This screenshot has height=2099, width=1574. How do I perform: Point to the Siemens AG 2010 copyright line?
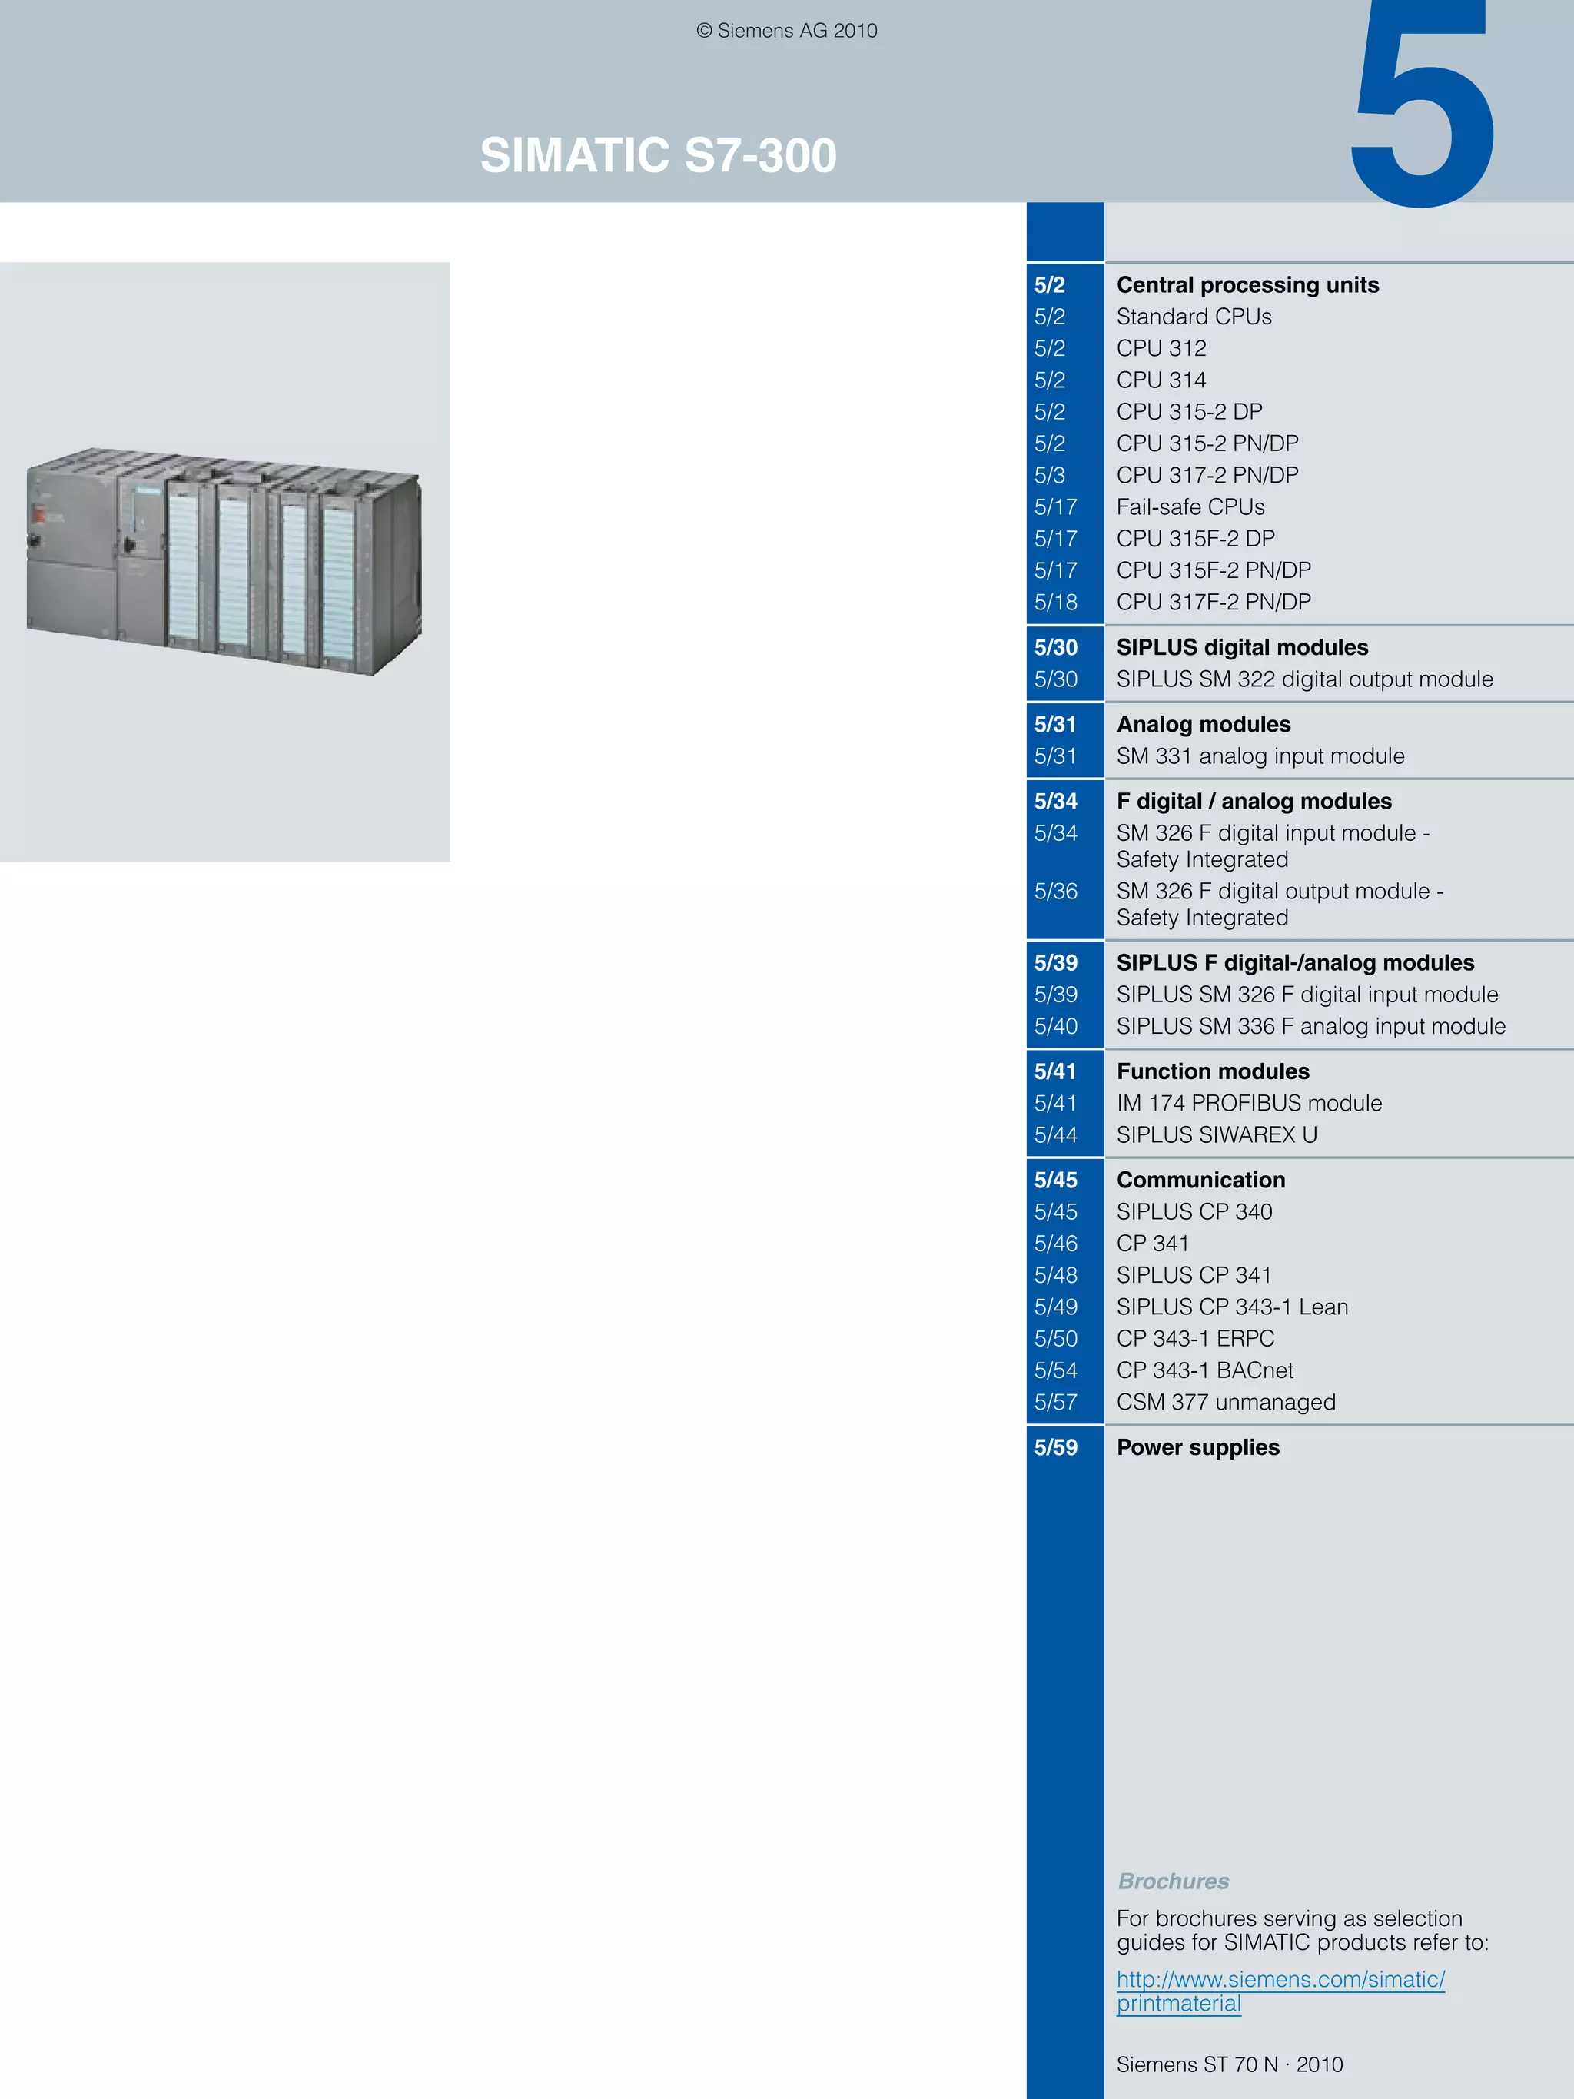[x=786, y=31]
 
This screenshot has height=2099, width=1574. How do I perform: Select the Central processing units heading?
[x=1247, y=284]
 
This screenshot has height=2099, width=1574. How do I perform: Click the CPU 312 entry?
[x=1161, y=348]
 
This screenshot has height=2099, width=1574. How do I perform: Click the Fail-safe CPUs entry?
[x=1190, y=506]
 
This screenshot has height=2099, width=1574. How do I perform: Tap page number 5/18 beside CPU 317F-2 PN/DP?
[x=1055, y=603]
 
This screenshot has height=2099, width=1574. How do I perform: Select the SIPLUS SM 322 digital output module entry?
[x=1303, y=679]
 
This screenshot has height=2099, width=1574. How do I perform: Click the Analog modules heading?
[x=1203, y=724]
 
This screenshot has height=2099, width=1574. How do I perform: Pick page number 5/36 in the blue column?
[x=1055, y=891]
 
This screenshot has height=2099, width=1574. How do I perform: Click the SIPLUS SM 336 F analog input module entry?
[x=1310, y=1027]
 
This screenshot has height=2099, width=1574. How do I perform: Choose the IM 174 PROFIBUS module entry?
[x=1249, y=1104]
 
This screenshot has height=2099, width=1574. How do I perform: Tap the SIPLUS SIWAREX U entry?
[x=1217, y=1135]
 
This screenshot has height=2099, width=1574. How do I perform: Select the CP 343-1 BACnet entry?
[x=1204, y=1370]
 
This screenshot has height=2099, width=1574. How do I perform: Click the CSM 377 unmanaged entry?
[x=1225, y=1403]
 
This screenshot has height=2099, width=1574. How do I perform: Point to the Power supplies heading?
[x=1197, y=1447]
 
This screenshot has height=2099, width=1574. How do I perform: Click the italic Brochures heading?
[x=1173, y=1881]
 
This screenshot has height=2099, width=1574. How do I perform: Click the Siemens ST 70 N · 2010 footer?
[x=1229, y=2064]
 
